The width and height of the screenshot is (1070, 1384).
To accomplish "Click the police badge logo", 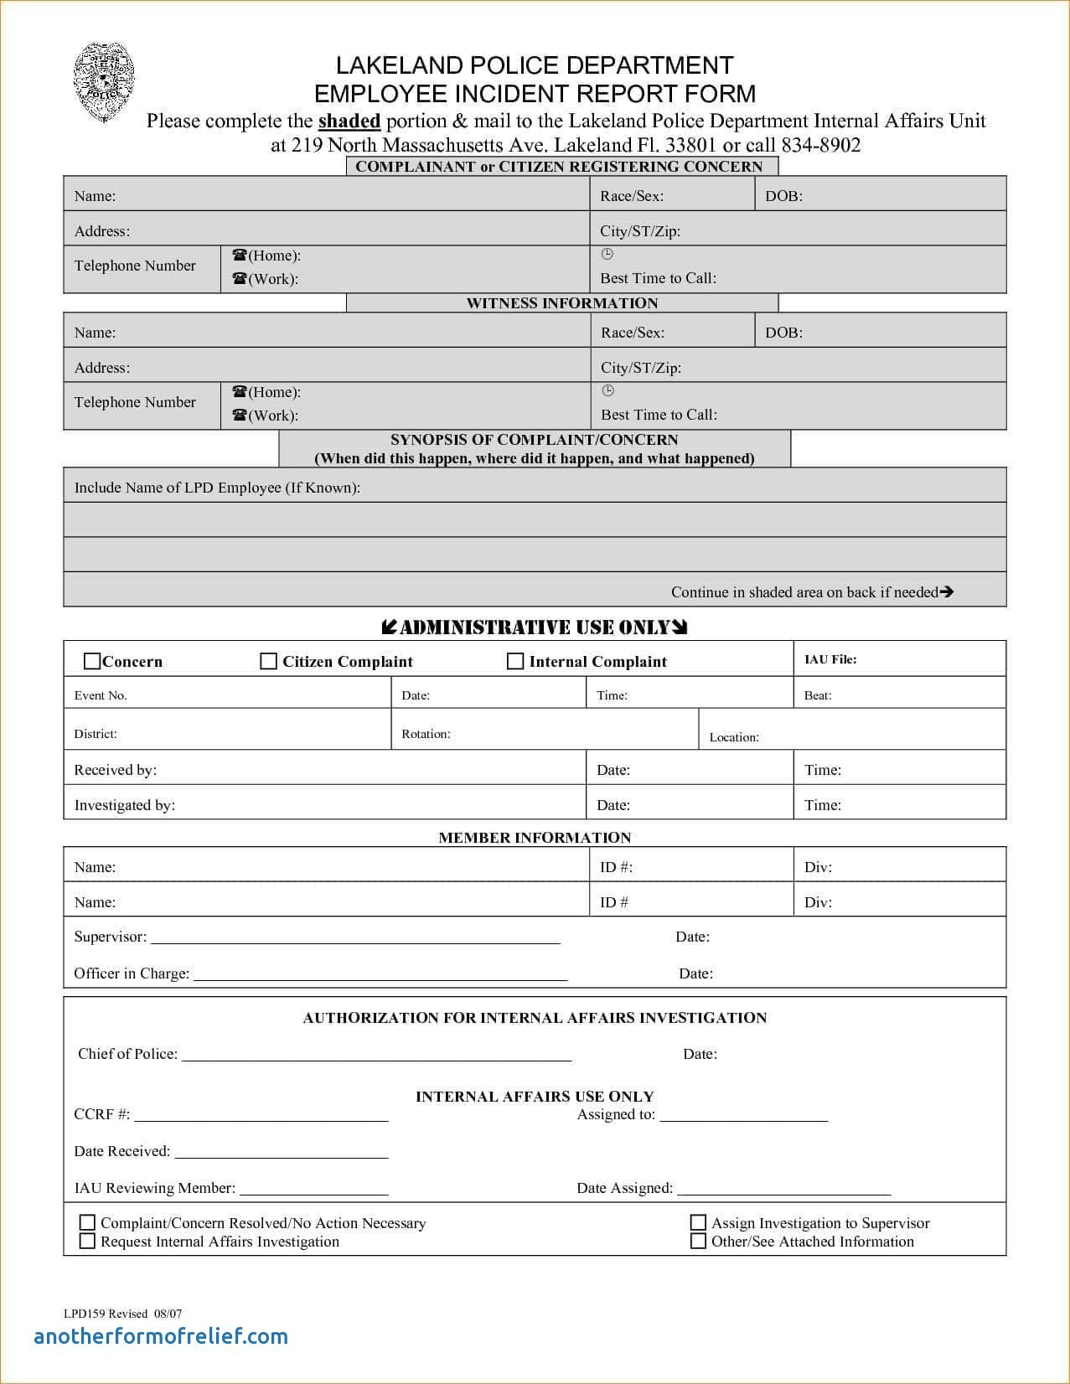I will point(104,83).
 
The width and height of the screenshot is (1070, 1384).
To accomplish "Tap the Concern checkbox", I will point(92,662).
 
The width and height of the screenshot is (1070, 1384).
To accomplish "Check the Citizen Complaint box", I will point(269,662).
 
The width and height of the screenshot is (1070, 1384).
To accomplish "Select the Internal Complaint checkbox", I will point(515,662).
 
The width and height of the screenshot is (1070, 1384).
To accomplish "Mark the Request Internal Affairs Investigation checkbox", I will point(87,1242).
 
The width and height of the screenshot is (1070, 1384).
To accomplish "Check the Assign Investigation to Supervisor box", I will point(698,1223).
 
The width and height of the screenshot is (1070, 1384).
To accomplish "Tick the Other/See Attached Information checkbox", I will point(698,1242).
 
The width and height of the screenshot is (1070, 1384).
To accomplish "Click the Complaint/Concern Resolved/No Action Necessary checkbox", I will point(87,1223).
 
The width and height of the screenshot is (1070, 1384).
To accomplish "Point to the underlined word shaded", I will point(349,121).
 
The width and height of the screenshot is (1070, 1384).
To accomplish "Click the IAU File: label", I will point(830,659).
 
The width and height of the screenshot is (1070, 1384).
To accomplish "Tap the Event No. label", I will point(101,695).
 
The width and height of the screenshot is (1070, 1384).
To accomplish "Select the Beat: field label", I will point(818,695).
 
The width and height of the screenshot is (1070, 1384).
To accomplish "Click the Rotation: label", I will point(426,734).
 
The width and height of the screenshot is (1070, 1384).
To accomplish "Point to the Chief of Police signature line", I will point(376,1059).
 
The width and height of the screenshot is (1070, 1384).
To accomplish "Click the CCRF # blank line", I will point(261,1119).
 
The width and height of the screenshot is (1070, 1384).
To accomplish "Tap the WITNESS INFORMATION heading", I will point(562,303).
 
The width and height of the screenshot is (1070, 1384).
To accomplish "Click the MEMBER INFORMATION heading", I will point(535,838).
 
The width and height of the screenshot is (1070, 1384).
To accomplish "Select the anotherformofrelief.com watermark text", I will point(161,1336).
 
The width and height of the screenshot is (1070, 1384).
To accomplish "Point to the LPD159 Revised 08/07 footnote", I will point(122,1314).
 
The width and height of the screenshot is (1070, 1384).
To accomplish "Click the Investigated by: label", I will point(125,805).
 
